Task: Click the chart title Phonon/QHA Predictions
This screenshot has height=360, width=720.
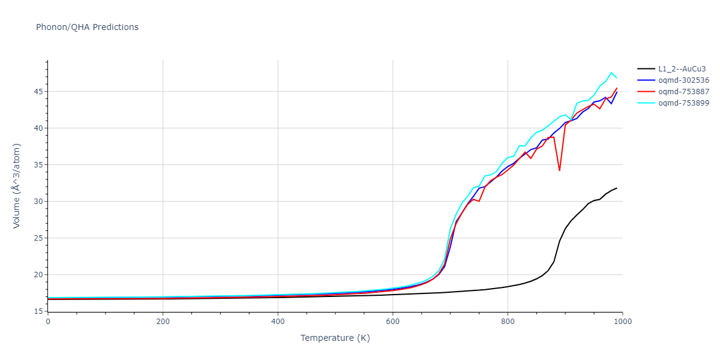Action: point(87,27)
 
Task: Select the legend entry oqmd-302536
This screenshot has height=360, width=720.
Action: point(683,80)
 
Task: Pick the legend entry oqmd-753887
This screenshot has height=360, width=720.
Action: point(683,92)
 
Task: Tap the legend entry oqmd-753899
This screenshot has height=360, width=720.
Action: point(683,103)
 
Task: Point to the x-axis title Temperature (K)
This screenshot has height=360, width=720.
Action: point(335,338)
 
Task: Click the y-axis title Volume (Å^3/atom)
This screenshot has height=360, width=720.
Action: point(17,185)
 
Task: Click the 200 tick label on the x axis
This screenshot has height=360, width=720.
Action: point(163,322)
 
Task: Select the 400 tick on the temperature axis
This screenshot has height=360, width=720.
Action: point(278,322)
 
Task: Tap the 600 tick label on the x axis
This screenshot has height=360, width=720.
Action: point(392,322)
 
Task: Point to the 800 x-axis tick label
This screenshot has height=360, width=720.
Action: point(508,322)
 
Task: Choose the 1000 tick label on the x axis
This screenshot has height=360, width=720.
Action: point(622,322)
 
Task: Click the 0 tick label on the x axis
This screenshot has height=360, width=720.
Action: point(48,322)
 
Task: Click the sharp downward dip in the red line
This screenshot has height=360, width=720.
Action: point(559,170)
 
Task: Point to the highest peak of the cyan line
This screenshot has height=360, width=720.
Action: point(611,73)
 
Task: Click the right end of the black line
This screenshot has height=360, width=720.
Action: point(616,188)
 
